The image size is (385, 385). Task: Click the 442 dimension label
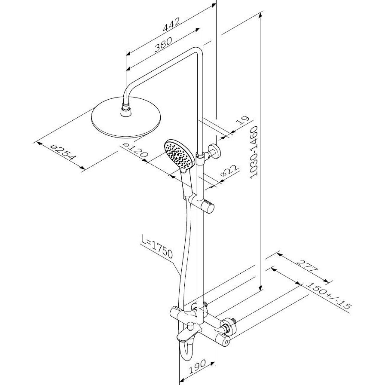coord(171,24)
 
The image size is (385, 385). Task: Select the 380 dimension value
coord(163,44)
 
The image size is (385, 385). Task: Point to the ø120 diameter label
coord(136,150)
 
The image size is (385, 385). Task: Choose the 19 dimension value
coord(242,122)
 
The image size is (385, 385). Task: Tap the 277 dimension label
coord(307,265)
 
